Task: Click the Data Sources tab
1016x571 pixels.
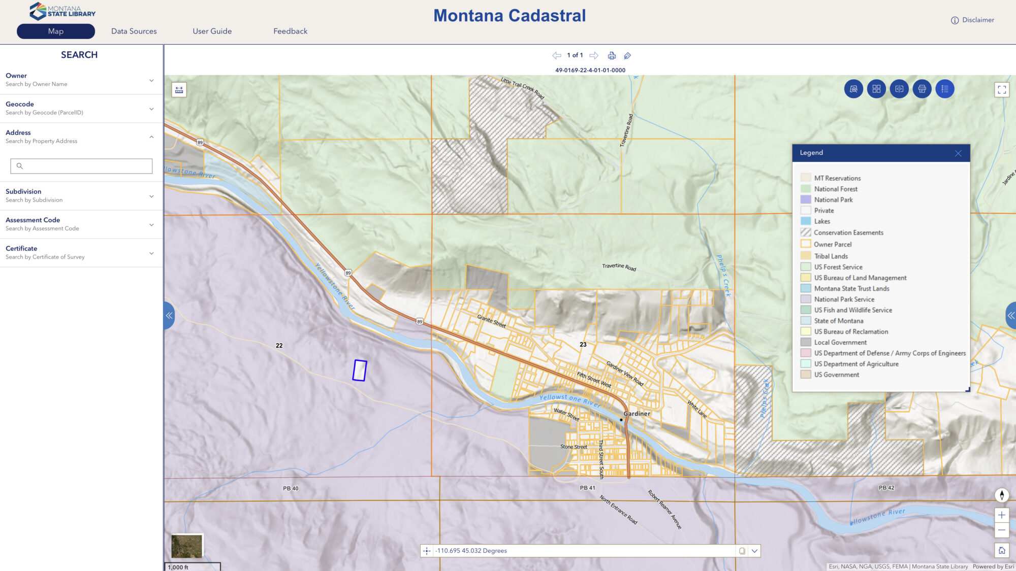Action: [x=134, y=31]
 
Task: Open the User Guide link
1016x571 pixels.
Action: [x=212, y=31]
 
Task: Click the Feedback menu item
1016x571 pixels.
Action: [x=290, y=31]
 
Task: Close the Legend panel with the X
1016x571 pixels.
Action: [x=958, y=153]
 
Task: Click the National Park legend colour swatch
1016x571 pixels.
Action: [x=806, y=199]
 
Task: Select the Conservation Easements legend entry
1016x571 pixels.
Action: [x=848, y=232]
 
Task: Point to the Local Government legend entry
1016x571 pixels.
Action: [x=840, y=343]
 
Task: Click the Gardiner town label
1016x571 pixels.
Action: [x=637, y=414]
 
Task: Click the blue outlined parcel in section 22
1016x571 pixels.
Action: [x=360, y=371]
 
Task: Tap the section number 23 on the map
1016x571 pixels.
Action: [x=583, y=345]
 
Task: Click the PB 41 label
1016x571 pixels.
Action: [x=587, y=488]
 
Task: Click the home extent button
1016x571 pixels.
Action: [x=1001, y=550]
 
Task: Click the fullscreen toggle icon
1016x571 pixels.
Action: [x=1001, y=90]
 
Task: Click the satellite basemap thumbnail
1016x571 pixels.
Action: [x=187, y=546]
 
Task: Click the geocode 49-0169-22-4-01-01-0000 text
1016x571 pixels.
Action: [x=590, y=70]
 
